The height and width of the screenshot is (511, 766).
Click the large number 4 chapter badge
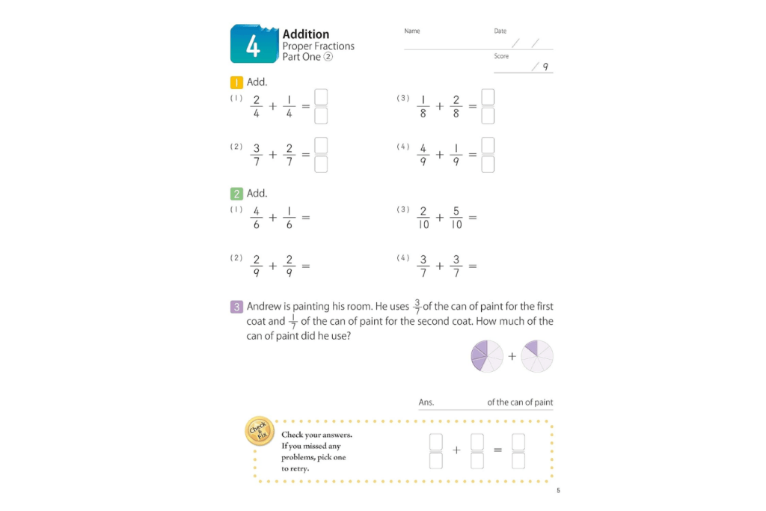coord(254,44)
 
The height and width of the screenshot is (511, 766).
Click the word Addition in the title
coord(305,34)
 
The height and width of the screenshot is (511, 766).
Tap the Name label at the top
coord(411,31)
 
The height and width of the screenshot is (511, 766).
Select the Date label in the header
coord(500,31)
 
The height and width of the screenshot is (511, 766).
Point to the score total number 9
coord(545,67)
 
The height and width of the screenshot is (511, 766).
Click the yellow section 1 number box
coord(236,82)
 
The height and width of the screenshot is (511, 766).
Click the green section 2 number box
coord(236,193)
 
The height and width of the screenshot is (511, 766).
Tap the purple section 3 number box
coord(236,307)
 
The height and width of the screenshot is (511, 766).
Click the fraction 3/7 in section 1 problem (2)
coord(257,155)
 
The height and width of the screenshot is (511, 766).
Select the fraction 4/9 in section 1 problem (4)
coord(423,155)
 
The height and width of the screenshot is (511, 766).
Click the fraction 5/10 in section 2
coord(456,218)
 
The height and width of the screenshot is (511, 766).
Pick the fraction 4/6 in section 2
coord(257,218)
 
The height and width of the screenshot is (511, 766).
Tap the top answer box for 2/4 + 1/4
coord(321,97)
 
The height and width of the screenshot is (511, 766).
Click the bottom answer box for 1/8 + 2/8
coord(488,116)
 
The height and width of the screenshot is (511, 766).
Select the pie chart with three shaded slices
coord(487,355)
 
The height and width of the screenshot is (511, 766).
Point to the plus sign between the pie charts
coord(512,356)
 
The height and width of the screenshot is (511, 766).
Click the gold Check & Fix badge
coord(258,430)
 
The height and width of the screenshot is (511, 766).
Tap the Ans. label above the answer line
coord(426,403)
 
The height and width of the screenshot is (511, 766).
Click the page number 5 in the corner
coord(557,491)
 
